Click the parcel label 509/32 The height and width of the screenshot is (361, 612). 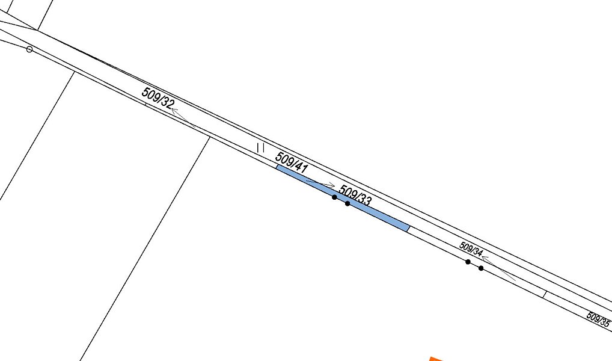tap(158, 98)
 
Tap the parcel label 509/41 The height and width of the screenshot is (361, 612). tap(292, 162)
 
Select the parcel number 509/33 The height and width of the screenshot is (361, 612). tap(355, 196)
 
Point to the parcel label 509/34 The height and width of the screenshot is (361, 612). tap(471, 249)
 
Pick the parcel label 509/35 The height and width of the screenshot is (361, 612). tap(598, 319)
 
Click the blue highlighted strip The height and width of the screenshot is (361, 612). tap(343, 198)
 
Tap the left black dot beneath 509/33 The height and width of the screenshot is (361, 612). tap(334, 197)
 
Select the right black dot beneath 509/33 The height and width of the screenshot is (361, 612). tap(347, 203)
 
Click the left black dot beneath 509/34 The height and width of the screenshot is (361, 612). tap(468, 262)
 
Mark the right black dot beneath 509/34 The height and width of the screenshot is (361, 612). tap(481, 268)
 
